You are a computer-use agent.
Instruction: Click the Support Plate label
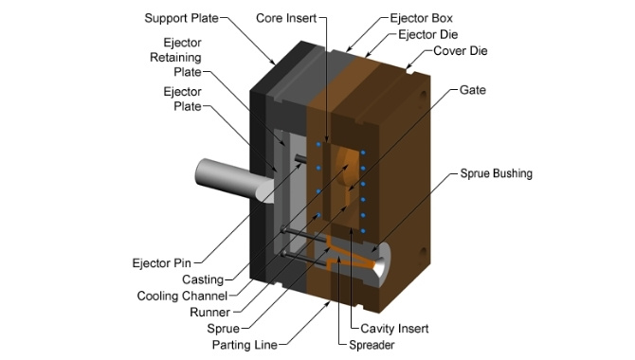pos(181,18)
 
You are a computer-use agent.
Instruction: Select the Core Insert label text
pos(287,18)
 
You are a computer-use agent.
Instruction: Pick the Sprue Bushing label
pos(497,174)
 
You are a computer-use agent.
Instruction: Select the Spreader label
pos(372,345)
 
